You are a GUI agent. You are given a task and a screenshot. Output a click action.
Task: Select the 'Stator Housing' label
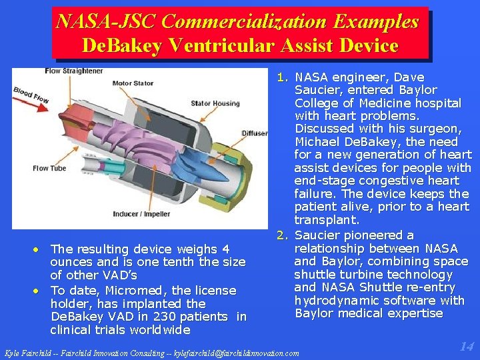(215, 103)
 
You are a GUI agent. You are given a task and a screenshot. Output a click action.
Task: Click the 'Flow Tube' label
(49, 169)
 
